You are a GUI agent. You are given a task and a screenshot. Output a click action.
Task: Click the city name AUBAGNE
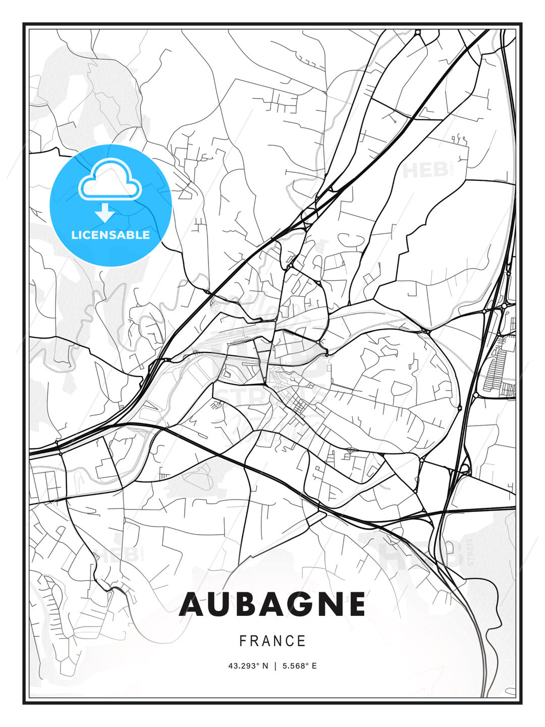click(x=272, y=604)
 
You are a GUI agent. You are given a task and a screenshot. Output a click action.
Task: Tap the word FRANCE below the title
click(x=272, y=641)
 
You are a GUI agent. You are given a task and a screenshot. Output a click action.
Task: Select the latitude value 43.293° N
click(x=248, y=666)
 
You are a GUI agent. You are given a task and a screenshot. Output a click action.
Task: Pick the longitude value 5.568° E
click(x=299, y=666)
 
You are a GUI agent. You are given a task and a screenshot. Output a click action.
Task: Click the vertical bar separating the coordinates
click(x=275, y=666)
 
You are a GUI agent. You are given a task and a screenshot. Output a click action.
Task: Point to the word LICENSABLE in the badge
click(x=111, y=235)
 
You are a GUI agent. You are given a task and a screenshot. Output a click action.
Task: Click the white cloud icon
click(x=111, y=180)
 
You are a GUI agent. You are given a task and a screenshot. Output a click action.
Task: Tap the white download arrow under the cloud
click(x=105, y=213)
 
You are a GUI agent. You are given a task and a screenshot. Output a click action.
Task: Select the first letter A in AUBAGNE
click(x=192, y=604)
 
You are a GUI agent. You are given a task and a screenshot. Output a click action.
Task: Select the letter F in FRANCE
click(x=243, y=641)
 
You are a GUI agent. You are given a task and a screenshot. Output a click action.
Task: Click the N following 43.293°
click(x=265, y=666)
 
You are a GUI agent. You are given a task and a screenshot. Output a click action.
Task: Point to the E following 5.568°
click(x=314, y=666)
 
